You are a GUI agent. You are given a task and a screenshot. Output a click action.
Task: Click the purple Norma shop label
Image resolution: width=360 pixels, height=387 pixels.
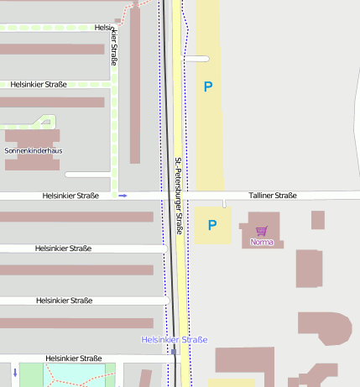pos(262,242)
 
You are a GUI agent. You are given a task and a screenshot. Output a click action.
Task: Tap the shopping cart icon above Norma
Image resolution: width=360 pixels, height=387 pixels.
pos(262,231)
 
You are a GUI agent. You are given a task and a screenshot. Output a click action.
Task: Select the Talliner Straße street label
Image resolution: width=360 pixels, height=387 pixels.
pos(272,196)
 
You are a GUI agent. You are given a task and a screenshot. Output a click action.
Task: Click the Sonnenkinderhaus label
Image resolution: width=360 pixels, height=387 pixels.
pos(34,151)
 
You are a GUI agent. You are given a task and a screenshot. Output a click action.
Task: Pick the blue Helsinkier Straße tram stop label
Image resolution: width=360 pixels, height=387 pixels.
pos(174,340)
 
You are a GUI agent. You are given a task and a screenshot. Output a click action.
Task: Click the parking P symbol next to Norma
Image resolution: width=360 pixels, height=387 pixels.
pos(212,225)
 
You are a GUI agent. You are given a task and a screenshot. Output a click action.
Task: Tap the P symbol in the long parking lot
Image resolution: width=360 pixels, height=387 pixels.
pos(208,86)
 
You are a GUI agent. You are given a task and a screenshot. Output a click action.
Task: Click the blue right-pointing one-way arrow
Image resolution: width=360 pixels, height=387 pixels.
pos(123,196)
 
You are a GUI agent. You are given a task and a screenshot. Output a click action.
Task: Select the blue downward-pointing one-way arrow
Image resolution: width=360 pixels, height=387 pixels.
pos(15,371)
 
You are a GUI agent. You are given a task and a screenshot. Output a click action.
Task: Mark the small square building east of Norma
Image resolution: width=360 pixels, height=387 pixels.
pos(317,220)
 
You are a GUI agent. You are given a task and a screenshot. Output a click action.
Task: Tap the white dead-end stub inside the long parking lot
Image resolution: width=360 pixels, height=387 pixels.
pos(196,59)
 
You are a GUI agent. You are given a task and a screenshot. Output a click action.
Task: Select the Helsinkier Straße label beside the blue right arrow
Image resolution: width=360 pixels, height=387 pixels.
pos(70,196)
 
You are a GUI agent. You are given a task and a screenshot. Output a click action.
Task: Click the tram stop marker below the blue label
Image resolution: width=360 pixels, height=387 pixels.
pos(174,352)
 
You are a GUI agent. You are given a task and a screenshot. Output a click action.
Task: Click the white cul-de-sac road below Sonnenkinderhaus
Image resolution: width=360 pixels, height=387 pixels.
pos(87,175)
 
